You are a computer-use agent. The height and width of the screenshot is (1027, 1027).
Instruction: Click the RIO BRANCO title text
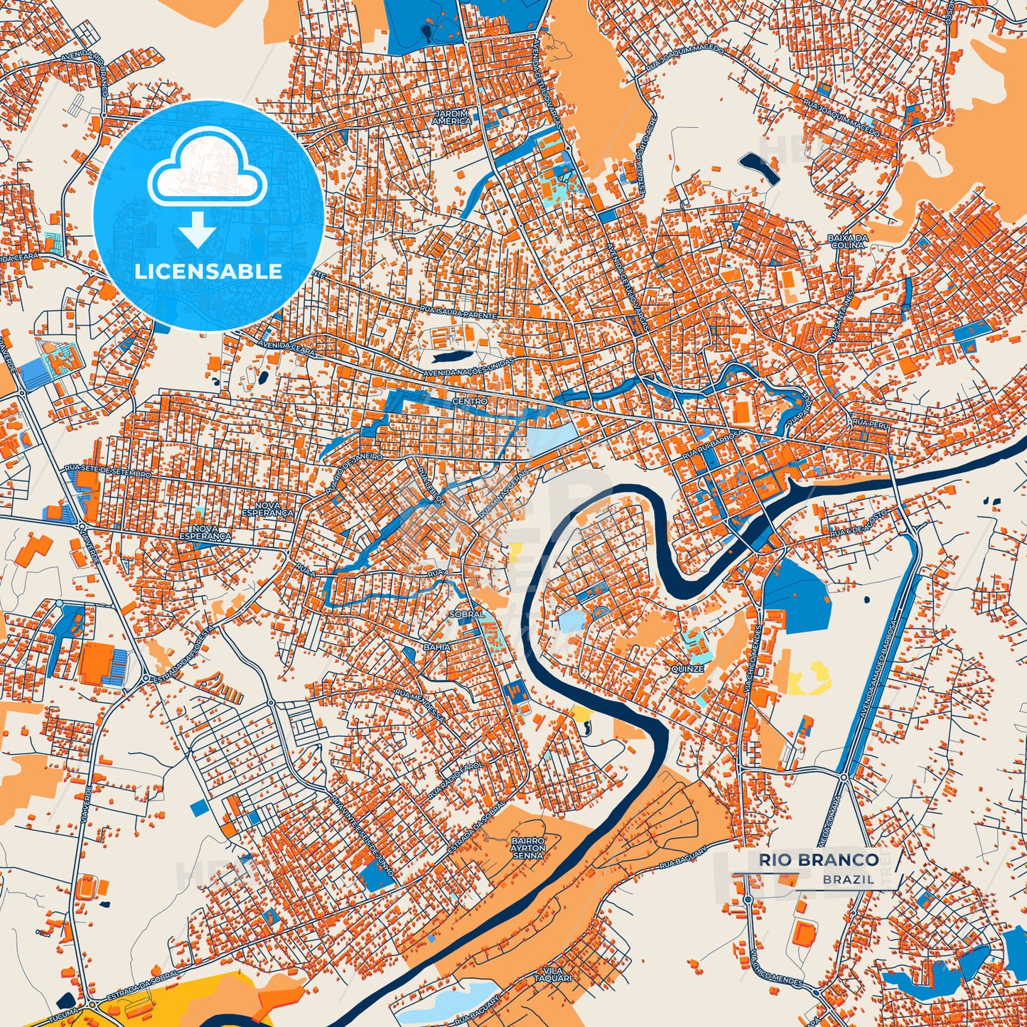pos(818,860)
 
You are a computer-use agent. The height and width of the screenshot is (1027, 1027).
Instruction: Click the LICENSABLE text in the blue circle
pos(208,271)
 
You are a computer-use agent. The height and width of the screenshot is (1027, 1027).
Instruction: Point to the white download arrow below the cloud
pos(198,230)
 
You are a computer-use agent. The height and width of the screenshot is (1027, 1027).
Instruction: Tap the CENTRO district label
pos(470,402)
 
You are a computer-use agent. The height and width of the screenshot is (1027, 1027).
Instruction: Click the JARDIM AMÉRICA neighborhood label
pos(452,117)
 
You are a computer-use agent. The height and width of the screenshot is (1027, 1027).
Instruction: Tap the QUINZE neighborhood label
pos(687,669)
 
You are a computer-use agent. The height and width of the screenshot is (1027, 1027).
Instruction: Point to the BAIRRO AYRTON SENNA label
pos(528,848)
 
